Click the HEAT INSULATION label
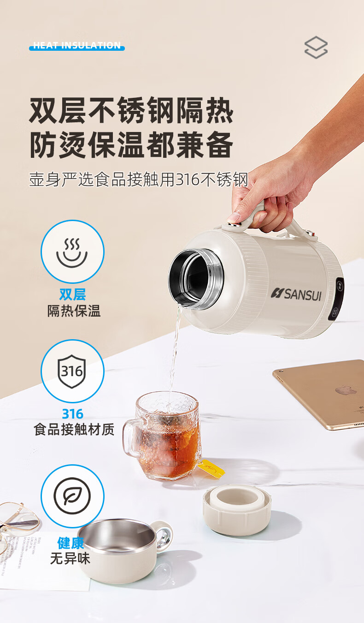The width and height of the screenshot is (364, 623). [77, 46]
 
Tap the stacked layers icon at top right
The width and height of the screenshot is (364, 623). [316, 47]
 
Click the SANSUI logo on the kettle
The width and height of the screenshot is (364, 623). [296, 294]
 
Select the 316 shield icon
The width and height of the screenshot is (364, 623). [72, 371]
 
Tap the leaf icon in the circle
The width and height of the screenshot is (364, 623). [72, 496]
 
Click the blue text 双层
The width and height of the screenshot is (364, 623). [73, 294]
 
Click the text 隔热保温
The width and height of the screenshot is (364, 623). [74, 311]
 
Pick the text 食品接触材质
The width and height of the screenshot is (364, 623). [74, 430]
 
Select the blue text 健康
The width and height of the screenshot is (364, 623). [70, 543]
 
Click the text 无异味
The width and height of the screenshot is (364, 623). [70, 558]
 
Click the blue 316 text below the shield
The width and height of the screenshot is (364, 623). [73, 414]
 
